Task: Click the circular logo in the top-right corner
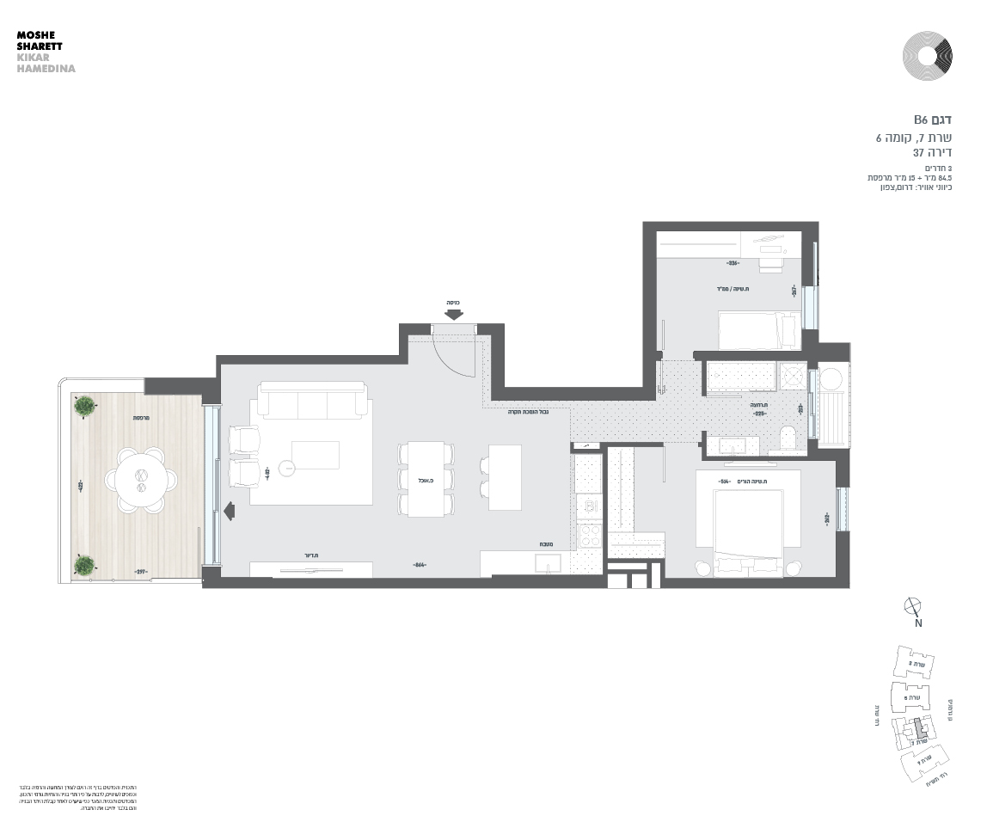pyautogui.click(x=927, y=56)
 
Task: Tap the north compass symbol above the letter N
pyautogui.click(x=913, y=606)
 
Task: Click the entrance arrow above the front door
pyautogui.click(x=455, y=315)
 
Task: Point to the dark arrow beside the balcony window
pyautogui.click(x=229, y=511)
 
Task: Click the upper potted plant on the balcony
pyautogui.click(x=84, y=406)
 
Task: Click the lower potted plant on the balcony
pyautogui.click(x=84, y=564)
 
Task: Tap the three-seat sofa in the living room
pyautogui.click(x=314, y=401)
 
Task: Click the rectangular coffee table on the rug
pyautogui.click(x=315, y=454)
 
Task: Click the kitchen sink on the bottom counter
pyautogui.click(x=548, y=563)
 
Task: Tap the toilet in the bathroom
pyautogui.click(x=788, y=437)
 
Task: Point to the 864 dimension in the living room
pyautogui.click(x=420, y=565)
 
